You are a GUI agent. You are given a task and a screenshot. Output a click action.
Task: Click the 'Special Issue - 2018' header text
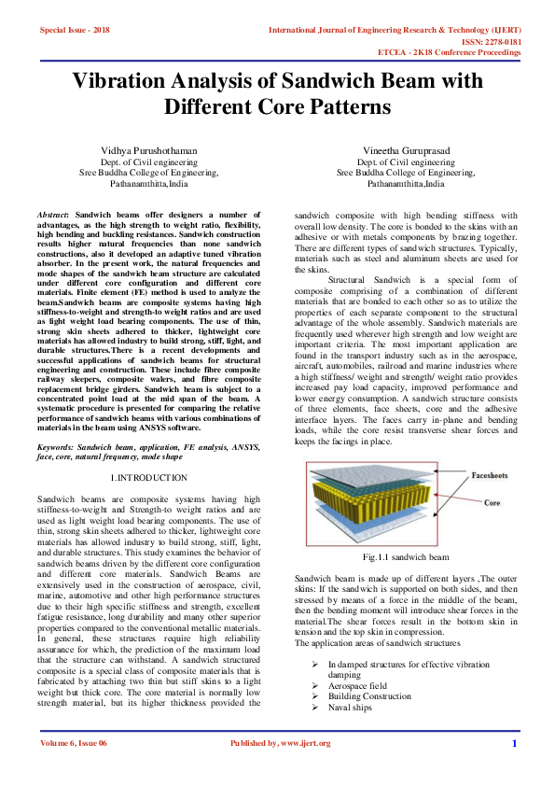point(74,30)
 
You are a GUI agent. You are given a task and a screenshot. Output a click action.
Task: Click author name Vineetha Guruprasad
point(406,150)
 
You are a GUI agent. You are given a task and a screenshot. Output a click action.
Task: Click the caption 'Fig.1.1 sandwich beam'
point(406,557)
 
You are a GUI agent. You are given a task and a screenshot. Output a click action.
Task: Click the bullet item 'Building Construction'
point(368,696)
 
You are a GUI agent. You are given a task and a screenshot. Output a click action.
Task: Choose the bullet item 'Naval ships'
point(351,708)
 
